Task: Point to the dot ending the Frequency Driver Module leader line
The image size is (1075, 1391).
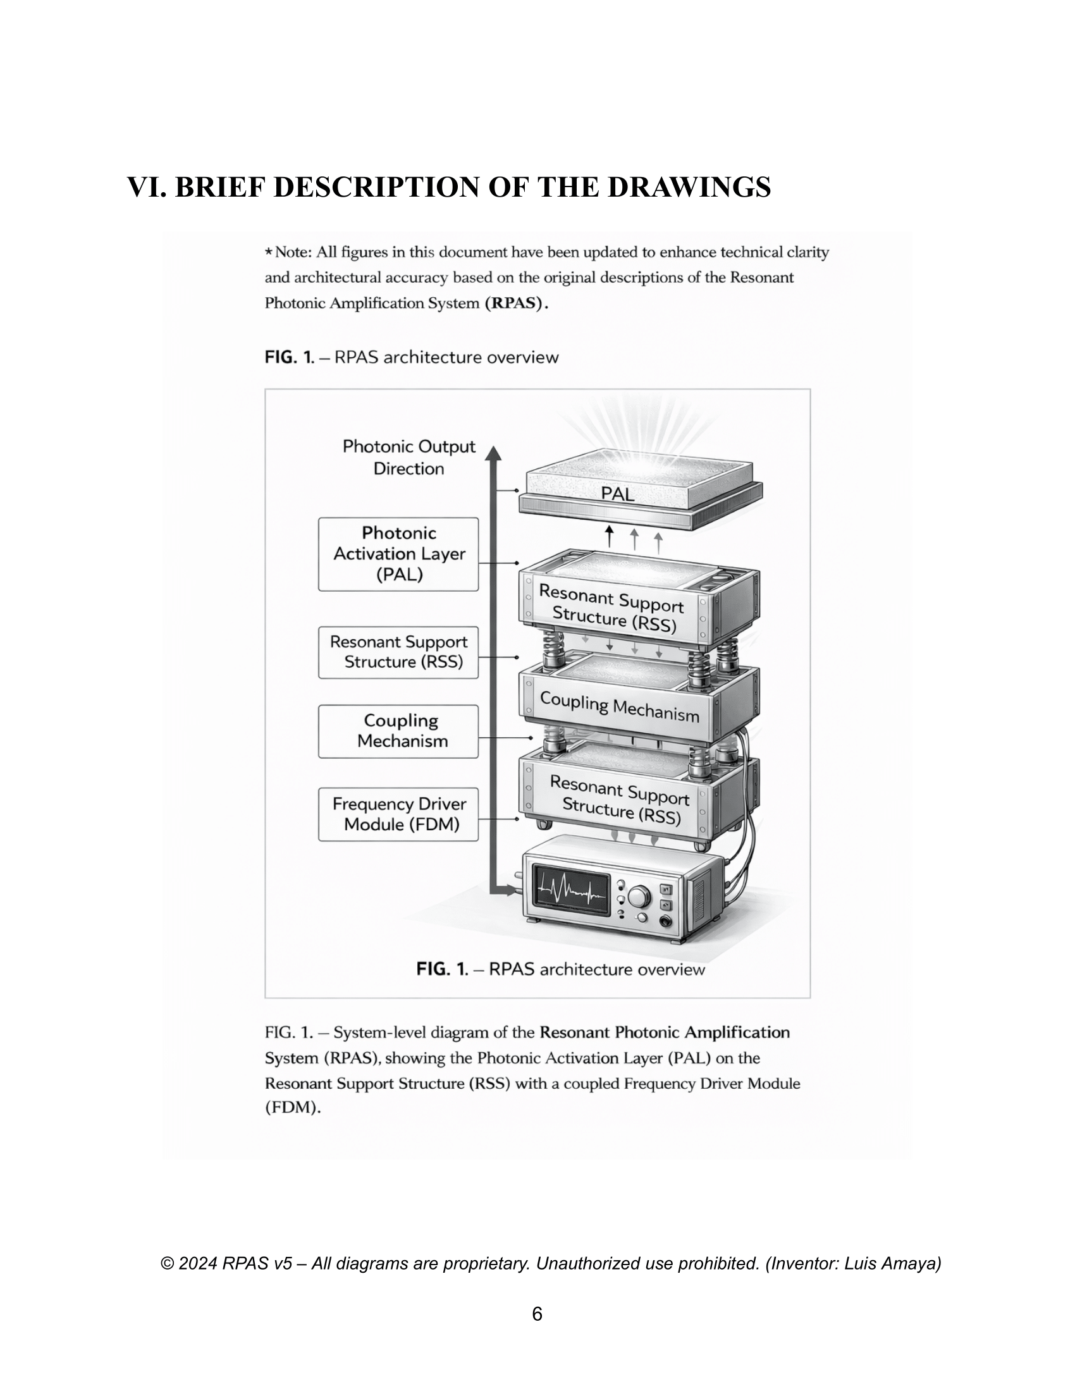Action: (517, 819)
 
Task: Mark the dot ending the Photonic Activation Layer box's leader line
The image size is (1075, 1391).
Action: (517, 563)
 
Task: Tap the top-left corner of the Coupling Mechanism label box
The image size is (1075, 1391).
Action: (319, 705)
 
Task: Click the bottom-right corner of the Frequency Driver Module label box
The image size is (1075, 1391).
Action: (478, 841)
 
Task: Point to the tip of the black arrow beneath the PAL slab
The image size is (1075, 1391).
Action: (610, 526)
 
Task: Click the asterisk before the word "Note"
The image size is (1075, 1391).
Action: (269, 252)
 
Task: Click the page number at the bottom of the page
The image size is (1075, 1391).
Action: (537, 1314)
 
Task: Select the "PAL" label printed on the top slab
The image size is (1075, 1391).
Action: (618, 494)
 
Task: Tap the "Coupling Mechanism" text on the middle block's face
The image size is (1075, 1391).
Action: (620, 707)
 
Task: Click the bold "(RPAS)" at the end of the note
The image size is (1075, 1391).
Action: (517, 303)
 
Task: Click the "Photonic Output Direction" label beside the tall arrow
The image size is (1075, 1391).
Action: (409, 457)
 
